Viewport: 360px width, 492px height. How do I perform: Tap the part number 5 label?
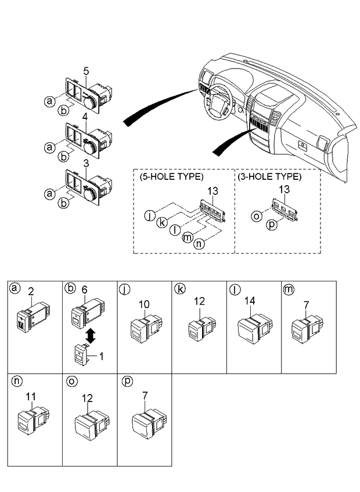[86, 71]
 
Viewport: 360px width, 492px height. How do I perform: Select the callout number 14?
[250, 302]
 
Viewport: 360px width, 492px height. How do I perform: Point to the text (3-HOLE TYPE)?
[269, 176]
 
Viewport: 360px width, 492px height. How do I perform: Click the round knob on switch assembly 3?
[88, 194]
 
